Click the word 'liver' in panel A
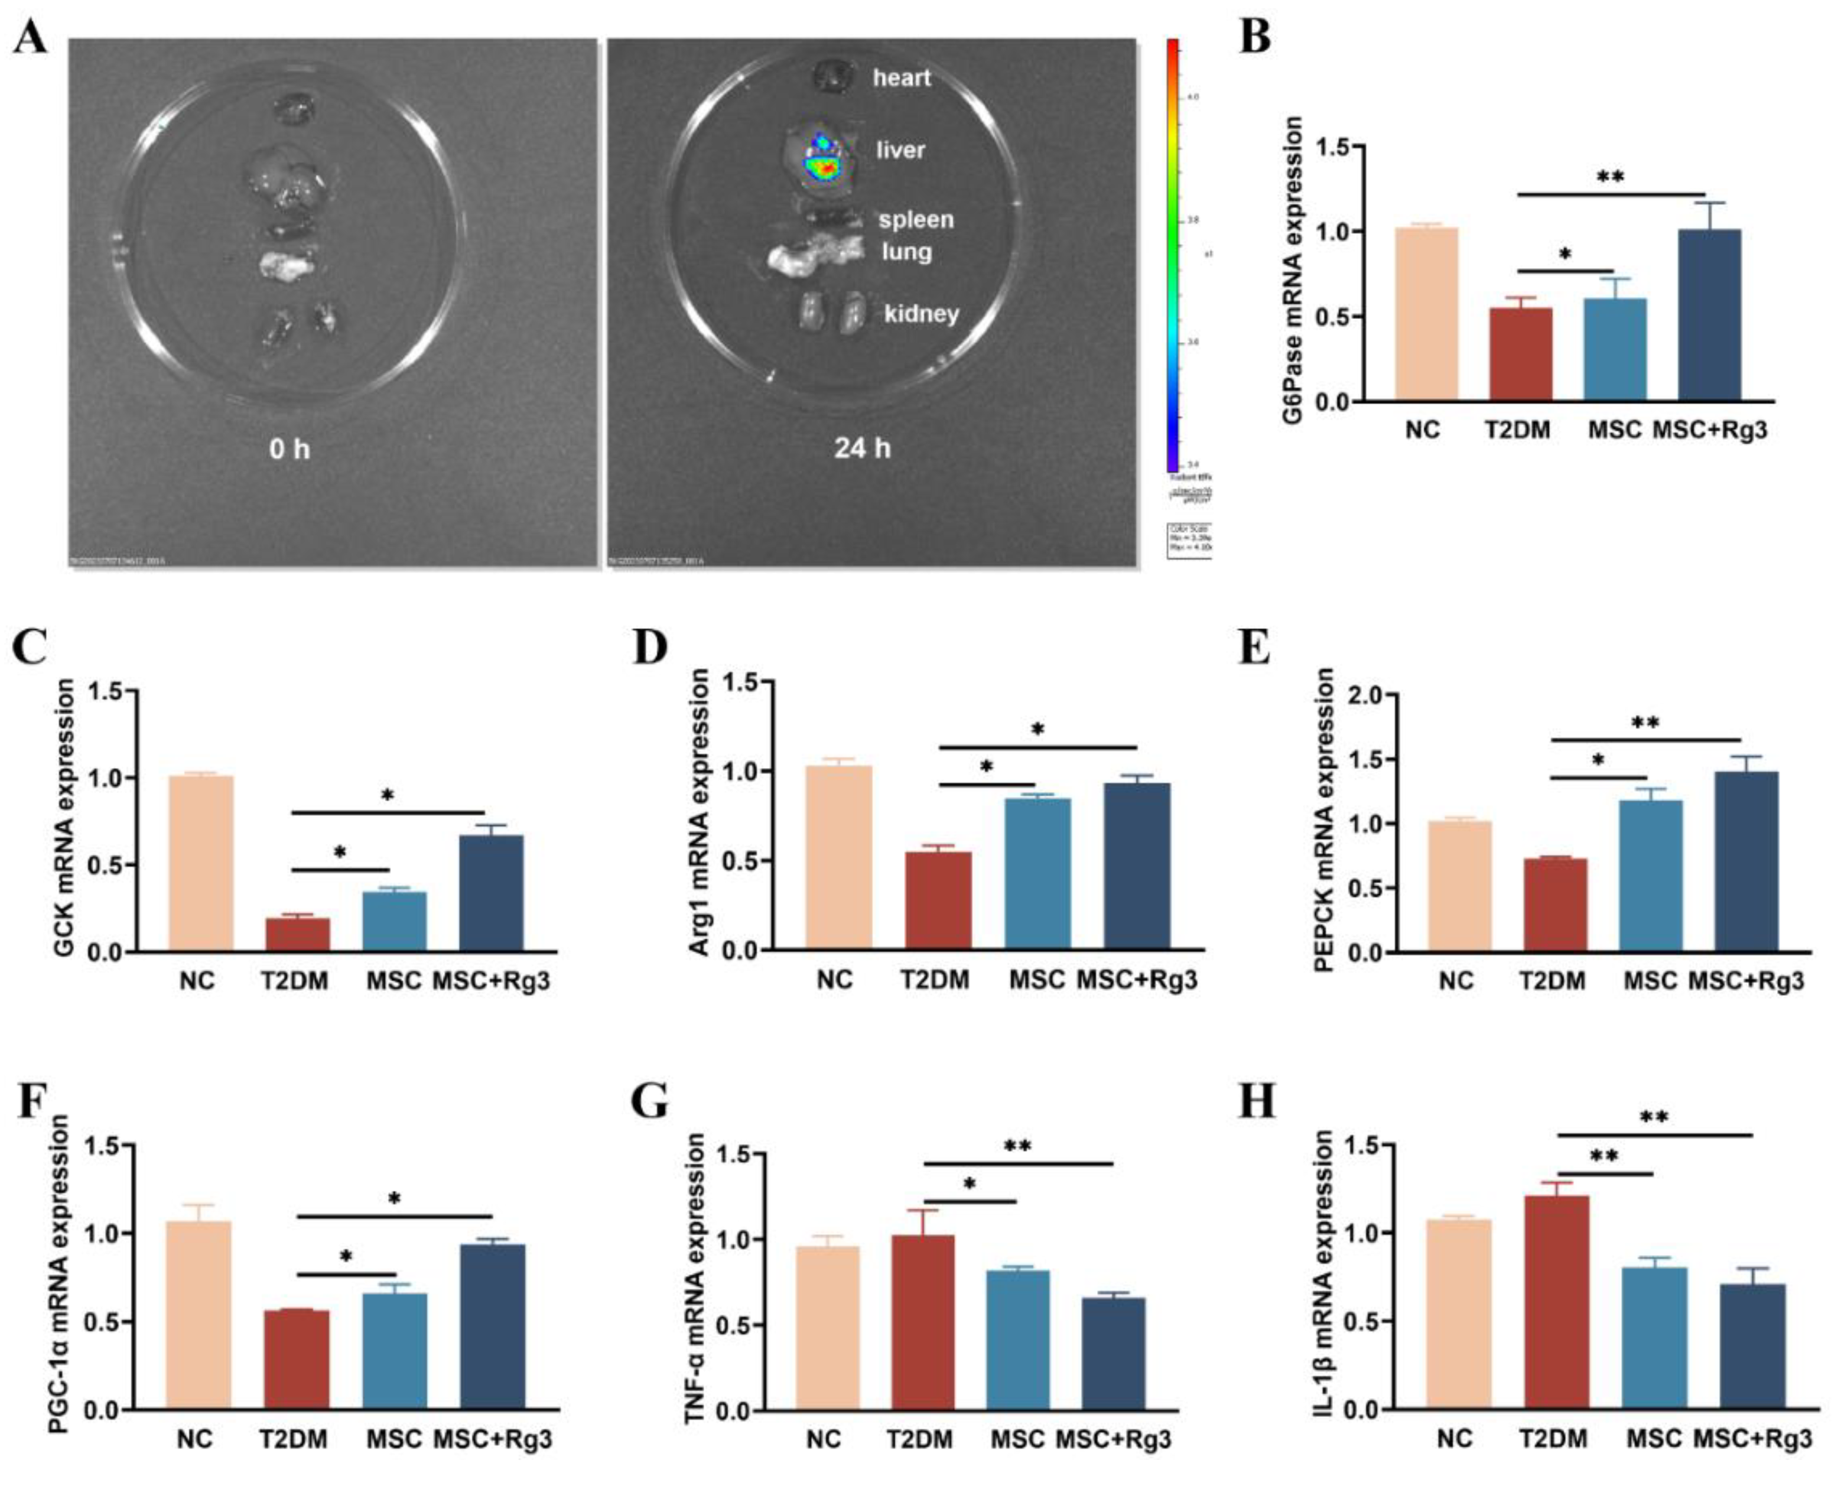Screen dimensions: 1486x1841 [x=900, y=151]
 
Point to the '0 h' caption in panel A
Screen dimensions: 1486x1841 [x=290, y=448]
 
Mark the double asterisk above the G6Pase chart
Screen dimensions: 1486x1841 [x=1609, y=177]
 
